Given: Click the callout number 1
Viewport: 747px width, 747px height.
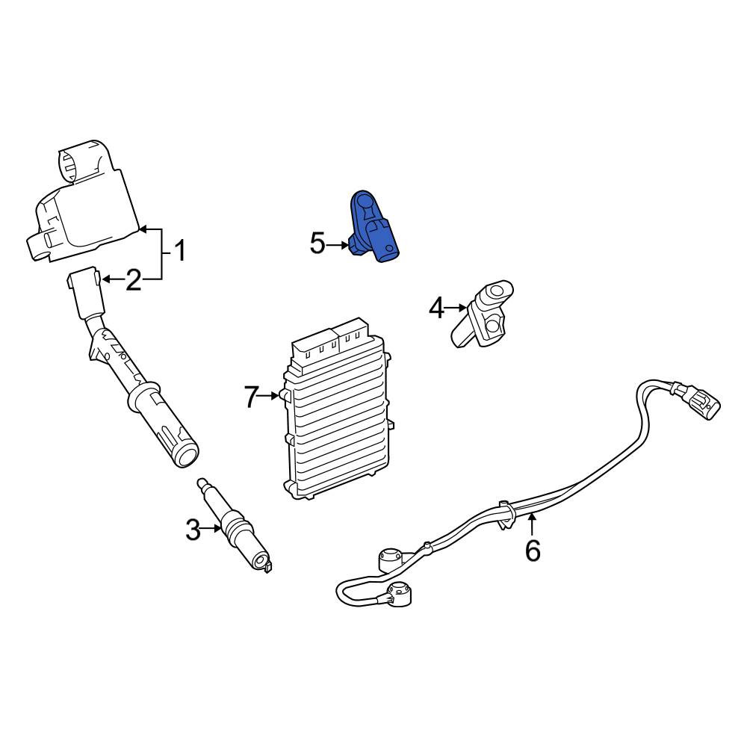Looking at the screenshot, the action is tap(179, 250).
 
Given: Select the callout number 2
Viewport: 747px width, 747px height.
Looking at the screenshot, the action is tap(134, 279).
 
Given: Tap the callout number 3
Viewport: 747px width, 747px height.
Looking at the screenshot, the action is tap(193, 530).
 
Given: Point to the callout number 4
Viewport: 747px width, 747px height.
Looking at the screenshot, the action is tap(436, 308).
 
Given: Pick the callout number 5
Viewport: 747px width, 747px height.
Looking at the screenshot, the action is tap(317, 244).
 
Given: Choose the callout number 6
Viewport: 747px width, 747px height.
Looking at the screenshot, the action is tap(533, 551).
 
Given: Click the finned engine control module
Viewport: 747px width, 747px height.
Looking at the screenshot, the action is tap(338, 409).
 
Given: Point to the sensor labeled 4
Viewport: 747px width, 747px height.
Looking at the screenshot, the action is tap(482, 314).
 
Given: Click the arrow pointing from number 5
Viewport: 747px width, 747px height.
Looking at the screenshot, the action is tap(338, 245).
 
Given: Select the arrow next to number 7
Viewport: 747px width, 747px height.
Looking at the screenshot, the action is tap(269, 395).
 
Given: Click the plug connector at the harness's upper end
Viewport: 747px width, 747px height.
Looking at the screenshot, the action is tap(696, 400).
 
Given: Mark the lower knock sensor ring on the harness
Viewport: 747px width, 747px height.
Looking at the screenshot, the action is tap(399, 594).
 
